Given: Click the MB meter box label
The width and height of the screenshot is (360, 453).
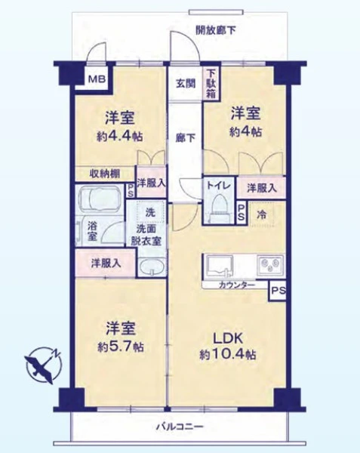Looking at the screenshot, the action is [x=97, y=79].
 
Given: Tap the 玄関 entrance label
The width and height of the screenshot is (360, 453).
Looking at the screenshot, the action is [x=186, y=84].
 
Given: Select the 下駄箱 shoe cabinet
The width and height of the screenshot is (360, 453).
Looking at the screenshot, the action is [x=211, y=83].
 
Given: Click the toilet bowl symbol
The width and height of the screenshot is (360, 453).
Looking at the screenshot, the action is [x=220, y=208].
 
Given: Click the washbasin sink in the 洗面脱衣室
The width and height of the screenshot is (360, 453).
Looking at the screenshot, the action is [x=152, y=267].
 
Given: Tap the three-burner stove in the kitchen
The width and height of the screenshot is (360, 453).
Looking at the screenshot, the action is [x=271, y=265].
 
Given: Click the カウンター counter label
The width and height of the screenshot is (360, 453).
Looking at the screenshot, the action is [x=237, y=285].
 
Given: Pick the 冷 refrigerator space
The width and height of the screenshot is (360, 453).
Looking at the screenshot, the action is [x=262, y=214].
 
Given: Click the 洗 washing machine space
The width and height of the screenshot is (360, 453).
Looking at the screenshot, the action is [x=150, y=211].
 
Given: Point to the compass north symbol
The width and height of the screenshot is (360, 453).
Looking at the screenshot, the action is [x=44, y=365].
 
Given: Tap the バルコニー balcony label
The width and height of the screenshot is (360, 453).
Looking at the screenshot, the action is [x=180, y=427].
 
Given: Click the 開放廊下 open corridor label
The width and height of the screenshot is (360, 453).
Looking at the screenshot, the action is [x=215, y=30].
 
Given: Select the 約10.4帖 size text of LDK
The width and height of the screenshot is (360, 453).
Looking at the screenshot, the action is [x=228, y=355].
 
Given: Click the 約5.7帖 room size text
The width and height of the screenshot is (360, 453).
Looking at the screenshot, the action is [x=121, y=347].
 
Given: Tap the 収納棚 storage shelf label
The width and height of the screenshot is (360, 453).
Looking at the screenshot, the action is [x=104, y=174].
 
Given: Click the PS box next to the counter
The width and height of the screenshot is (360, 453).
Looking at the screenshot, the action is [x=278, y=291].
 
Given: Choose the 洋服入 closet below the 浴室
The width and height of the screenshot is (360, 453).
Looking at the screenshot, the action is [x=106, y=263].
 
